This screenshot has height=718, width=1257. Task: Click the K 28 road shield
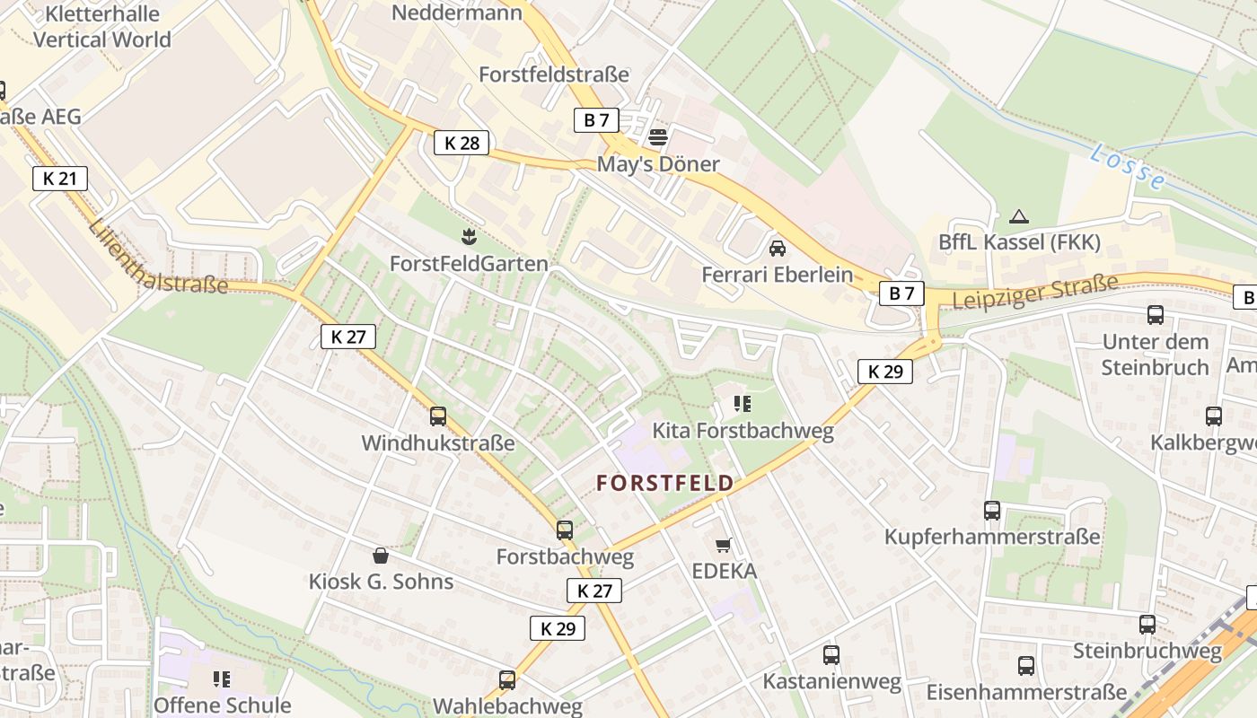click(x=461, y=142)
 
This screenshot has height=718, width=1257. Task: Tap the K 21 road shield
click(x=59, y=178)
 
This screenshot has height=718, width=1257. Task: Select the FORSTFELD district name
click(x=665, y=483)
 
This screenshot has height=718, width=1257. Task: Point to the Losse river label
click(x=1127, y=167)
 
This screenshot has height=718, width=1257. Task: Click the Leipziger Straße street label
click(x=1035, y=293)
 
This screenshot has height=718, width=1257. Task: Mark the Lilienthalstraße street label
click(x=158, y=256)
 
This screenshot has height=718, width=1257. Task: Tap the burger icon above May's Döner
click(x=658, y=137)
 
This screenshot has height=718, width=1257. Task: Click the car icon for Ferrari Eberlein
click(x=777, y=248)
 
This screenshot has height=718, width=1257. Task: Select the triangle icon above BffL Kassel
click(x=1018, y=216)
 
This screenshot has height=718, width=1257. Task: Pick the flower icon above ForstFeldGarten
click(x=468, y=237)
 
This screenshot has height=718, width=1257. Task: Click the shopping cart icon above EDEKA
click(x=723, y=545)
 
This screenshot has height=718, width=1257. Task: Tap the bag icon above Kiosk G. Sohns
click(x=381, y=556)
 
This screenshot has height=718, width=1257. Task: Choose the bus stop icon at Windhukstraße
click(x=438, y=416)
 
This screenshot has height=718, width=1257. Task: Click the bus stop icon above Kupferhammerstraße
click(x=992, y=511)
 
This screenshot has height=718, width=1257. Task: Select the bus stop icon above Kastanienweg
click(x=831, y=655)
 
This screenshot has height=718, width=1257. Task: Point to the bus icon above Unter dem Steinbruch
click(x=1156, y=315)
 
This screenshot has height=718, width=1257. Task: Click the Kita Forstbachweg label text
click(x=743, y=431)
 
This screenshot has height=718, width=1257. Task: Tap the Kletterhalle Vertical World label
click(x=101, y=27)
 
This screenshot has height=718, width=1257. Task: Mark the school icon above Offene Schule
click(x=222, y=679)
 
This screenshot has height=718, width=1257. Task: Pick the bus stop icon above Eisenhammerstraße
click(x=1026, y=666)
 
